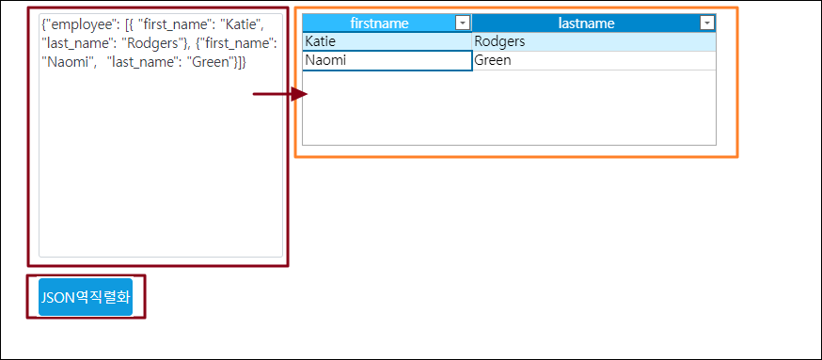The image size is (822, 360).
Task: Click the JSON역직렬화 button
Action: [86, 297]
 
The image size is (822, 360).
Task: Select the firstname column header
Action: [387, 23]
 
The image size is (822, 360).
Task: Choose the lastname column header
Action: [594, 23]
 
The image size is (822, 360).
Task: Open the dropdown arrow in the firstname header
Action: [463, 23]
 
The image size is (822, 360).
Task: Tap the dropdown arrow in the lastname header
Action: [707, 23]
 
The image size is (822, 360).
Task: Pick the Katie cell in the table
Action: [387, 41]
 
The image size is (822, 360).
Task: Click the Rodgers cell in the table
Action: [594, 41]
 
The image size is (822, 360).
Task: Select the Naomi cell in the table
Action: [387, 61]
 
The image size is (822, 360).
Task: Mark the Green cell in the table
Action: [594, 61]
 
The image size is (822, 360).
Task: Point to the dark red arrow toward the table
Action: [280, 94]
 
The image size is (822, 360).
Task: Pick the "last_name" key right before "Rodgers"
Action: [76, 43]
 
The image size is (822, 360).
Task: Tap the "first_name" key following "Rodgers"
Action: [240, 43]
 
